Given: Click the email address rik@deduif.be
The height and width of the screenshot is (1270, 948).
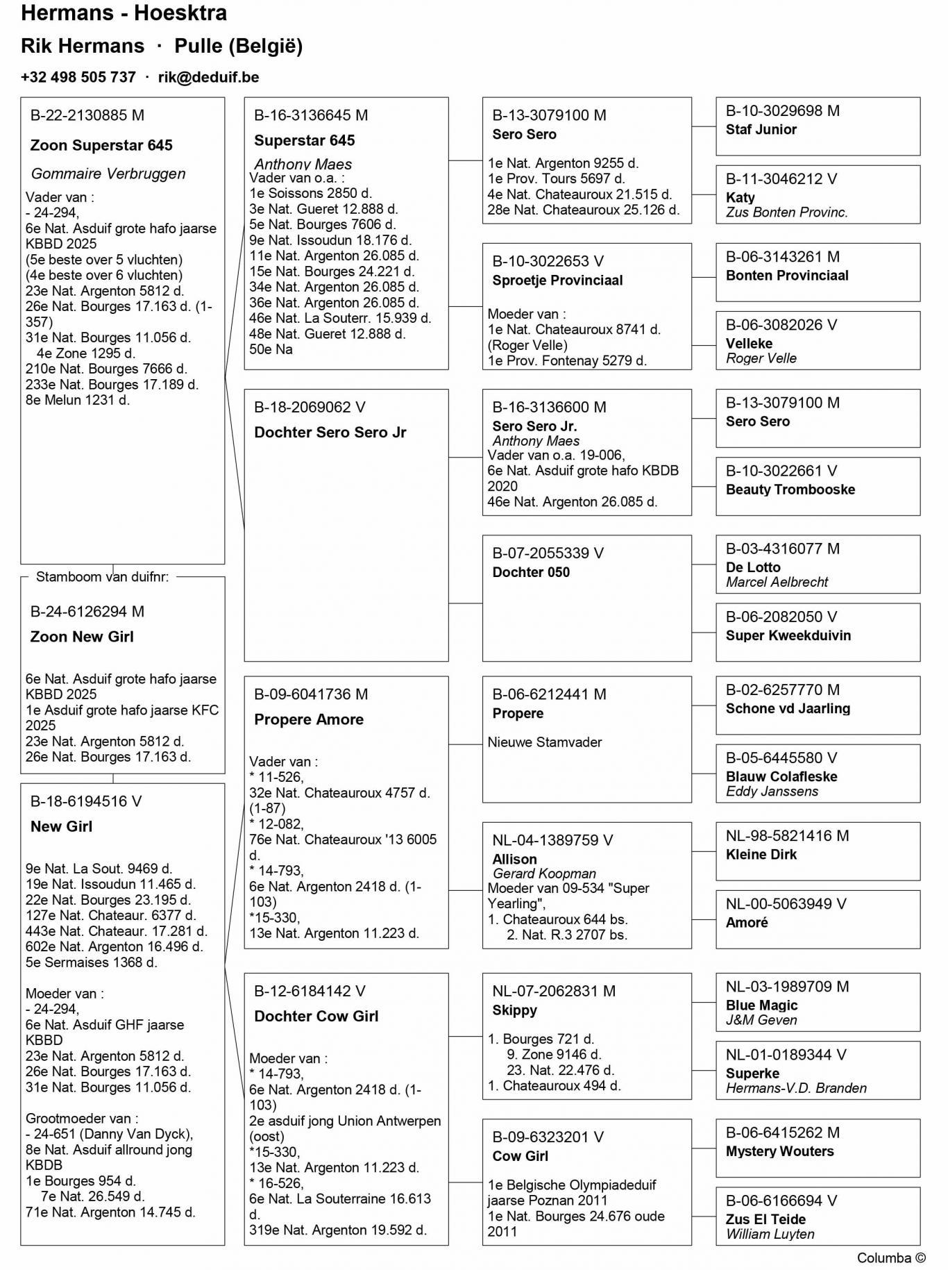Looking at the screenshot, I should [208, 77].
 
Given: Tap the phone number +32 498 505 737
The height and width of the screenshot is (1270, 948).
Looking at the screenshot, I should [78, 77].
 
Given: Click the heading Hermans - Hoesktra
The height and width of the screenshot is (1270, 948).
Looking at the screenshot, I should [124, 13].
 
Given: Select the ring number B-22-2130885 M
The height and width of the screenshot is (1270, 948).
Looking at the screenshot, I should [87, 115].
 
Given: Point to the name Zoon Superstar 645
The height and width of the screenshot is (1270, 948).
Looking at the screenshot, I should [101, 145].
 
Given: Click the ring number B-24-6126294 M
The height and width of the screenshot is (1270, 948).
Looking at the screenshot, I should [87, 612].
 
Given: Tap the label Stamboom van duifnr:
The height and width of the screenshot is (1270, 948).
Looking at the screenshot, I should [102, 577].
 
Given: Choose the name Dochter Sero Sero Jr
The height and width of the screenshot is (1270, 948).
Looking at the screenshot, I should [330, 433].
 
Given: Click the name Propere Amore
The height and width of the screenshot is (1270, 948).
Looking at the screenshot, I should [309, 719].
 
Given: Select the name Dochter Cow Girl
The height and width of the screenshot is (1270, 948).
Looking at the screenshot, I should [316, 1017].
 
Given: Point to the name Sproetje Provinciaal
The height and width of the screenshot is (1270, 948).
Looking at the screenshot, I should [557, 281].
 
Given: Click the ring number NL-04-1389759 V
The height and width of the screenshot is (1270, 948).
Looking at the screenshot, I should [552, 840].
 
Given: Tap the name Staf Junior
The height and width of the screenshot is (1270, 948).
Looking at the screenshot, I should [761, 130].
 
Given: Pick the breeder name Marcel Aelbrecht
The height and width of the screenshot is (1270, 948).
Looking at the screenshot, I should [777, 583].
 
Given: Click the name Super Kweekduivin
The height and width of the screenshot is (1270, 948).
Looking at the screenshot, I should [788, 635].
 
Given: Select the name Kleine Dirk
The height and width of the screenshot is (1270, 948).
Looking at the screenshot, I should [761, 855].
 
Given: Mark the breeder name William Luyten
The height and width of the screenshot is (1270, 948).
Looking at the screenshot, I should [770, 1235].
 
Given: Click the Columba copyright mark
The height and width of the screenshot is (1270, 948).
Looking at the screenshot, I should [891, 1258].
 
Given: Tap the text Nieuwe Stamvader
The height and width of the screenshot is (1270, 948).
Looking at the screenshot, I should [545, 742].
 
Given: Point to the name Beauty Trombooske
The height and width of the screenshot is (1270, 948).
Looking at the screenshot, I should [790, 490].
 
